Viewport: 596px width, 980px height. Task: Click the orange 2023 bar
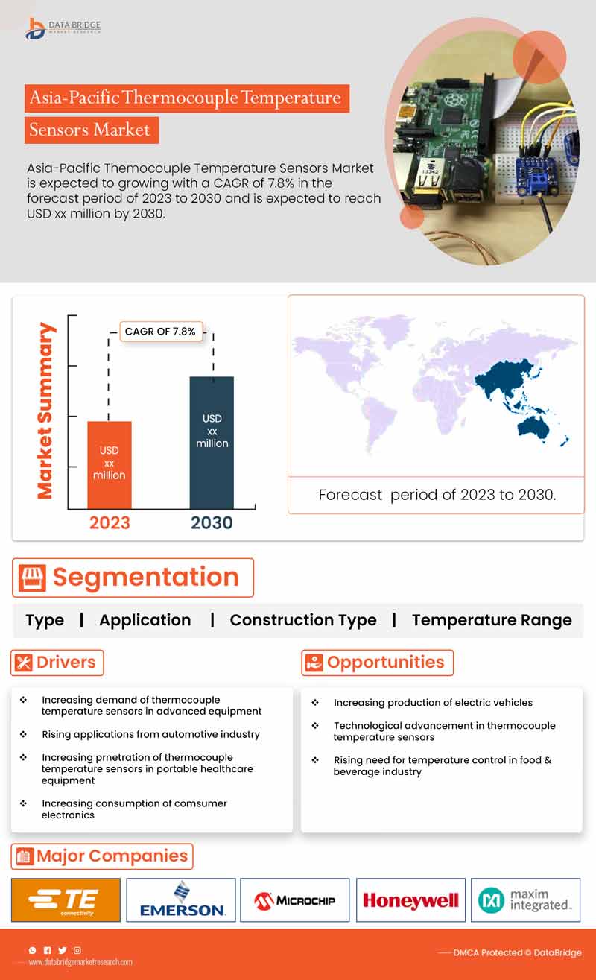pos(110,464)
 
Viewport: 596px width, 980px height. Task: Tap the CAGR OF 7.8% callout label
pos(160,332)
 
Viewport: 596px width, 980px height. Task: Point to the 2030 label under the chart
pos(212,523)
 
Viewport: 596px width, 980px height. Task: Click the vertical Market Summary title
pos(46,411)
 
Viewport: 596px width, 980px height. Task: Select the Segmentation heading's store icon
pos(32,578)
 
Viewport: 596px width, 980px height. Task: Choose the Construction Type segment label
pos(302,620)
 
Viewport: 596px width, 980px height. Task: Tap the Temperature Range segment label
pos(492,620)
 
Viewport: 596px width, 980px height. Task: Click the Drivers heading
pos(57,662)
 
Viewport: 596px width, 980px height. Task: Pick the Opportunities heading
pos(377,662)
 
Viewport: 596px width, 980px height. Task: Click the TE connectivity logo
pos(66,900)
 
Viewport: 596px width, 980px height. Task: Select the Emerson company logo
pos(181,900)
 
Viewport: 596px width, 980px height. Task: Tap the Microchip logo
pos(296,900)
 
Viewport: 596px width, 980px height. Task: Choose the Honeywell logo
pos(410,900)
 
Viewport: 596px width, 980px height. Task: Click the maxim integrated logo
pos(525,900)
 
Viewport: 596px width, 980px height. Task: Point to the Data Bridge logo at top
pos(63,28)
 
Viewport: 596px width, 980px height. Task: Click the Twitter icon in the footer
pos(62,950)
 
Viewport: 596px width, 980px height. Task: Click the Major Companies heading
pos(102,856)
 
